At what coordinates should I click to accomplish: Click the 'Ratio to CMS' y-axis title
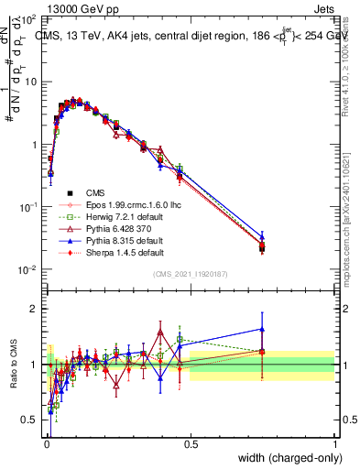tap(13, 365)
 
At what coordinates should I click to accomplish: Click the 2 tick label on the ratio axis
tap(35, 309)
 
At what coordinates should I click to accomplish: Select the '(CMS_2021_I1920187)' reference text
tap(190, 274)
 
